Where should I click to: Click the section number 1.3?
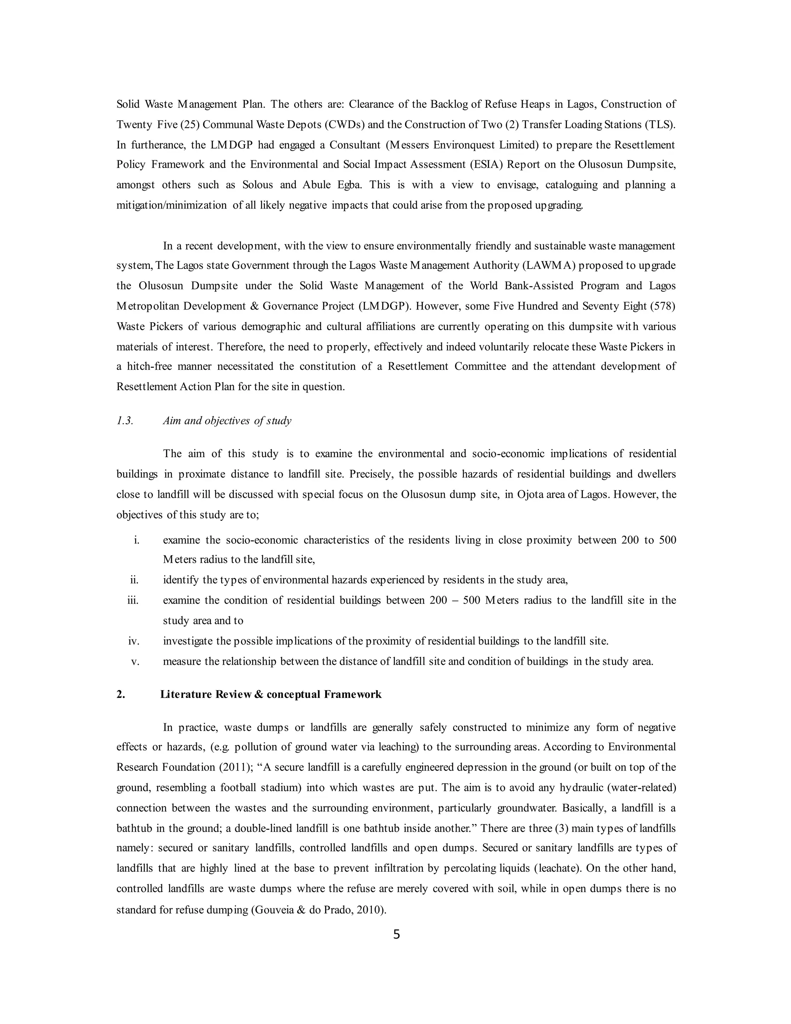[x=125, y=420]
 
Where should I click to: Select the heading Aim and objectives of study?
[x=227, y=420]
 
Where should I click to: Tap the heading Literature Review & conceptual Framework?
[x=270, y=694]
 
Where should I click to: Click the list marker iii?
[x=133, y=600]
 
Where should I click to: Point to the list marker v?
[x=136, y=661]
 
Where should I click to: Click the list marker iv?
[x=134, y=641]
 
